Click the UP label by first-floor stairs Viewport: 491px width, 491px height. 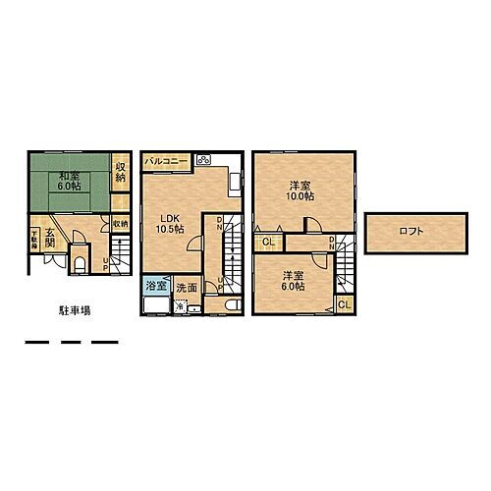[x=108, y=260]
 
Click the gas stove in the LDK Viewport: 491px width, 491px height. [x=205, y=160]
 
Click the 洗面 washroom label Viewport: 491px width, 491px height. [x=188, y=288]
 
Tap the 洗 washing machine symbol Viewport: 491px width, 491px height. [x=180, y=305]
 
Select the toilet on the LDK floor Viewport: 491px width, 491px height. [x=225, y=306]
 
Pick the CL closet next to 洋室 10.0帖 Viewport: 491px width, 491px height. [x=267, y=241]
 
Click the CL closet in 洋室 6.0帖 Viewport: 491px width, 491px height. [x=344, y=305]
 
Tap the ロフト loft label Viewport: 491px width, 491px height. [x=411, y=232]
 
